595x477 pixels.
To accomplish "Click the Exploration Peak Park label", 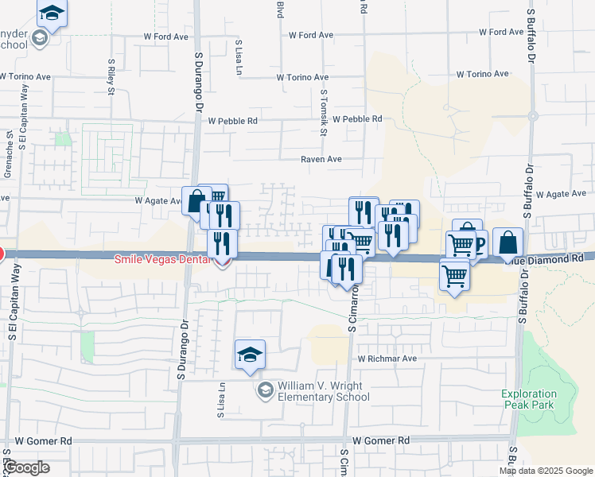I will tap(531, 399).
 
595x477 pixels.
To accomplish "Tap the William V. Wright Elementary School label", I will tap(320, 390).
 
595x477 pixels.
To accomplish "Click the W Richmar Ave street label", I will tap(387, 359).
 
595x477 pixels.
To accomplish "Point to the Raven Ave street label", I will tap(321, 159).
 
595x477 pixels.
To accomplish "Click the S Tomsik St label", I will tap(324, 112).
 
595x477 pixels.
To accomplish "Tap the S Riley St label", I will tap(111, 74).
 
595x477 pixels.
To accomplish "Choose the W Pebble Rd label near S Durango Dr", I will tap(232, 121).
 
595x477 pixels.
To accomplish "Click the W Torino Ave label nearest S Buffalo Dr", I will tap(482, 74).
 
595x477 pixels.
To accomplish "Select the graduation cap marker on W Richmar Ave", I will tap(250, 355).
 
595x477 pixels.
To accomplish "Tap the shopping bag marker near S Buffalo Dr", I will tap(508, 242).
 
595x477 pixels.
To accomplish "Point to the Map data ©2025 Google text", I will tap(546, 471).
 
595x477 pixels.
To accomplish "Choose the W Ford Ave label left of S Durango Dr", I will tap(165, 36).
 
